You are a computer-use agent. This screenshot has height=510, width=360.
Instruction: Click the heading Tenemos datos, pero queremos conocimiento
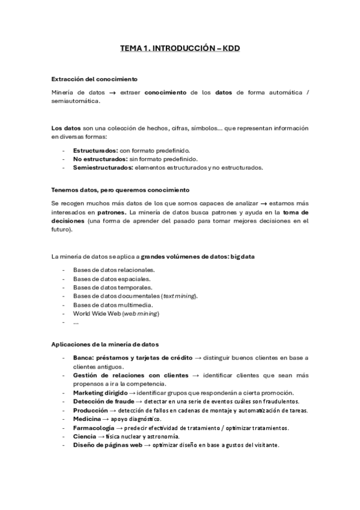tap(120, 190)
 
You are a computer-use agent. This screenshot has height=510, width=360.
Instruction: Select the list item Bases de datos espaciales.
tap(112, 278)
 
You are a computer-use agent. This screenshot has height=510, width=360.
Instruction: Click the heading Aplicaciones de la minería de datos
tap(105, 345)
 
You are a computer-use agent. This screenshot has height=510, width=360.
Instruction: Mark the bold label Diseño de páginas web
tap(108, 445)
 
